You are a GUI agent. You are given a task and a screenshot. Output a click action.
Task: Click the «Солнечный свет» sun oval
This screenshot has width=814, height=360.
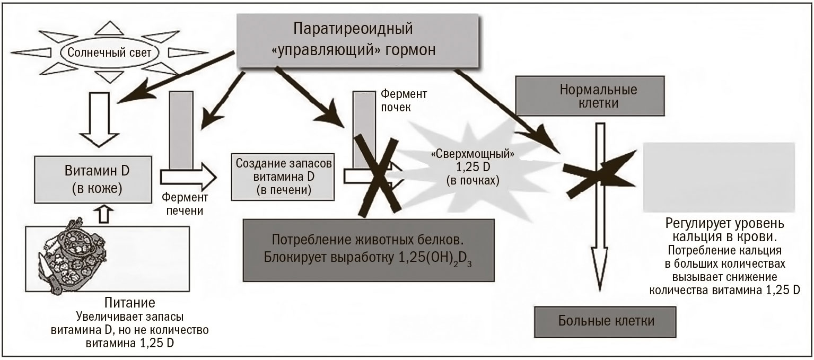coord(109,52)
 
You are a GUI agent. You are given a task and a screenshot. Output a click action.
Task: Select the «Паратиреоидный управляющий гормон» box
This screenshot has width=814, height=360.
coord(357,40)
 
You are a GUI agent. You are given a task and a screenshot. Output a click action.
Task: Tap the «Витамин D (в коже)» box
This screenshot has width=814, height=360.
coord(93,179)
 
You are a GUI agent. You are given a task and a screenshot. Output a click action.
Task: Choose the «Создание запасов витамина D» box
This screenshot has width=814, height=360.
coord(283,177)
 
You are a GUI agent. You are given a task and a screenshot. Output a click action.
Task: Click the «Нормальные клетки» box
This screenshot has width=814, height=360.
coord(590,96)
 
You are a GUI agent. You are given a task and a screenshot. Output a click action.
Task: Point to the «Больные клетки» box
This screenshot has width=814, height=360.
coord(605,321)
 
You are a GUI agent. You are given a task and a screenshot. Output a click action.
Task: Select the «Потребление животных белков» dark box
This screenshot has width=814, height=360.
coord(369,250)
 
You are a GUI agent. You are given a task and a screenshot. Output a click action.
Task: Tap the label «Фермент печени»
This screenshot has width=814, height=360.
coord(185,204)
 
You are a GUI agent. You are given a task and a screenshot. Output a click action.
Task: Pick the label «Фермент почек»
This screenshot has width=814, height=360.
coord(404,101)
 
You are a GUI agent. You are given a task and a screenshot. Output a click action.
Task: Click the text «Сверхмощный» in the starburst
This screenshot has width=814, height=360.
coord(472,154)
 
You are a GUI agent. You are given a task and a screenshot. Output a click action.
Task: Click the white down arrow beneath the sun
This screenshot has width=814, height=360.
coord(99,119)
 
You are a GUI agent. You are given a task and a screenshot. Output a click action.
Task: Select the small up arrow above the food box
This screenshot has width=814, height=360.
coord(104,215)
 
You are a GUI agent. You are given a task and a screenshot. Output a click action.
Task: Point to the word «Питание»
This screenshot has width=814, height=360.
coord(130,303)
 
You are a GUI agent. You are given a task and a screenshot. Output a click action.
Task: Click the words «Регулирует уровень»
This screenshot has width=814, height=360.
coord(724,224)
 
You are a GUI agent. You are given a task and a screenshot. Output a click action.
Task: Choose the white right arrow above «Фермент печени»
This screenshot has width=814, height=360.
coord(189,178)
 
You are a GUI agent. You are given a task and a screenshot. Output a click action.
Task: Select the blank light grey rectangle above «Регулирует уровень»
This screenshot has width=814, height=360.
coord(719,177)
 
